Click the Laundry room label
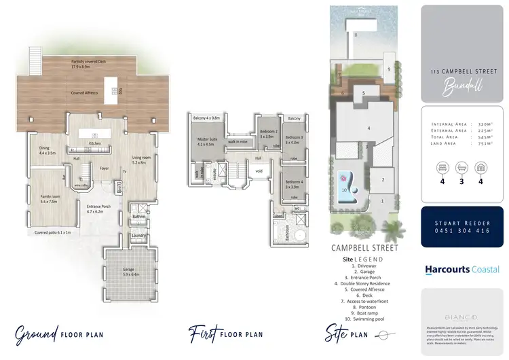(x=140, y=236)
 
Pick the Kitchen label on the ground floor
(x=95, y=143)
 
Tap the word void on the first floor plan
(x=258, y=171)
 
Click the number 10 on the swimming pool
(x=345, y=190)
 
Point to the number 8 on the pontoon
(x=356, y=34)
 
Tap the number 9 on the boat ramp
(x=388, y=69)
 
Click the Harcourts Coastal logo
(x=462, y=269)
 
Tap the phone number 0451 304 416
(x=462, y=230)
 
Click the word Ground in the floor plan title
(x=37, y=334)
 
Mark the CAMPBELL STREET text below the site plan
(x=364, y=248)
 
